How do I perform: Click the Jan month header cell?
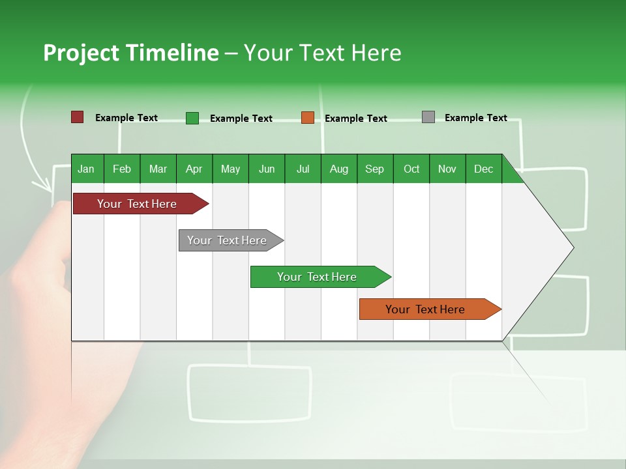coord(87,169)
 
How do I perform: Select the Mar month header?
coord(158,169)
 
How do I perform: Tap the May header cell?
coord(230,169)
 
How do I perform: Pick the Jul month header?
coord(303,169)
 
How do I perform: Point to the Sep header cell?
coord(374,169)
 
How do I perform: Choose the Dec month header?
coord(483,169)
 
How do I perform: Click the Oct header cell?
coord(411,169)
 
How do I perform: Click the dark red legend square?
coord(77,117)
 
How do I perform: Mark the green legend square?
coord(192,118)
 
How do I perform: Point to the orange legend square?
coord(308,118)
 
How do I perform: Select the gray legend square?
coord(428,117)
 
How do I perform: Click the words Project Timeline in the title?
coord(130,53)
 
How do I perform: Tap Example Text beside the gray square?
coord(475,118)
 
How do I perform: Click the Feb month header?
coord(122,169)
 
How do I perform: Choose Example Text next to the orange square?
coord(355,119)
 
